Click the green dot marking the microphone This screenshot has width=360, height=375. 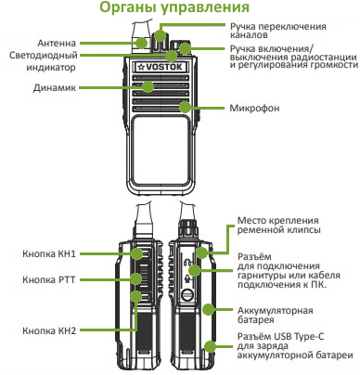pos(188,108)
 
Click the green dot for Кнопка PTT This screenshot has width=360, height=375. pos(135,278)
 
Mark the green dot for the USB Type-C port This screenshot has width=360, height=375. pos(211,345)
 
